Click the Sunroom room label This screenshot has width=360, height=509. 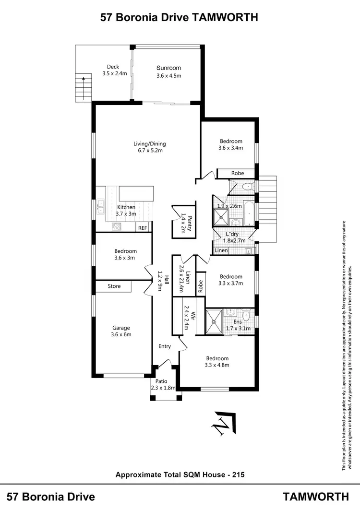pyautogui.click(x=168, y=68)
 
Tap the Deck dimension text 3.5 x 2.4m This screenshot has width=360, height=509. pyautogui.click(x=114, y=74)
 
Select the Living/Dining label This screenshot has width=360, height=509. pyautogui.click(x=149, y=143)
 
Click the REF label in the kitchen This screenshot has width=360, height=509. pyautogui.click(x=143, y=228)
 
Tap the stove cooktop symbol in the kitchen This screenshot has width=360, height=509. pyautogui.click(x=117, y=226)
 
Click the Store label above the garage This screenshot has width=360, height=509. pyautogui.click(x=114, y=286)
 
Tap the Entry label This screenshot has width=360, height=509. pyautogui.click(x=165, y=346)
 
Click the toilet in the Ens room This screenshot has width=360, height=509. pyautogui.click(x=246, y=316)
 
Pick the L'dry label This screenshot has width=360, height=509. pyautogui.click(x=231, y=234)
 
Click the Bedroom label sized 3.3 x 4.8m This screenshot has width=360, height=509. pyautogui.click(x=217, y=358)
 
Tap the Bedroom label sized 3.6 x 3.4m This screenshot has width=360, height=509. pyautogui.click(x=231, y=141)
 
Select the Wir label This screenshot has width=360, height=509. pyautogui.click(x=193, y=316)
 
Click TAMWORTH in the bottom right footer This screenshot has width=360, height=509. pyautogui.click(x=316, y=497)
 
